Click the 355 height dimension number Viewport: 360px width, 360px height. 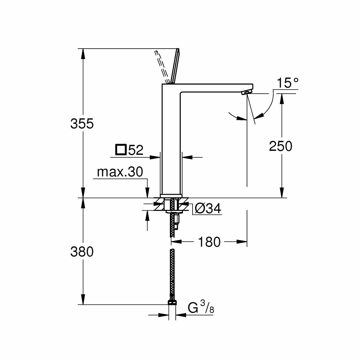point(82,123)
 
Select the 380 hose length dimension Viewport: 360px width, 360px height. point(82,252)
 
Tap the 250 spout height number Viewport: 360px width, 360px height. point(281,146)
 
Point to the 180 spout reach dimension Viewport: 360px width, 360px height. point(210,242)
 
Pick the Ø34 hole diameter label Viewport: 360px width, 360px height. point(208,208)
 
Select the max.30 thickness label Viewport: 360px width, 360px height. point(120,172)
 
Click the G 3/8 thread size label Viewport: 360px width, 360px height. point(201,308)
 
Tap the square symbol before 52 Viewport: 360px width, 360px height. point(121,150)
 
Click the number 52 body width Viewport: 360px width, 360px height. point(136,150)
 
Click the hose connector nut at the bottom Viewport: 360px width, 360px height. point(172,300)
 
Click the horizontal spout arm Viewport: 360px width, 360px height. point(216,87)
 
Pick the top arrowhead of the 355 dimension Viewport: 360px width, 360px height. point(83,53)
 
